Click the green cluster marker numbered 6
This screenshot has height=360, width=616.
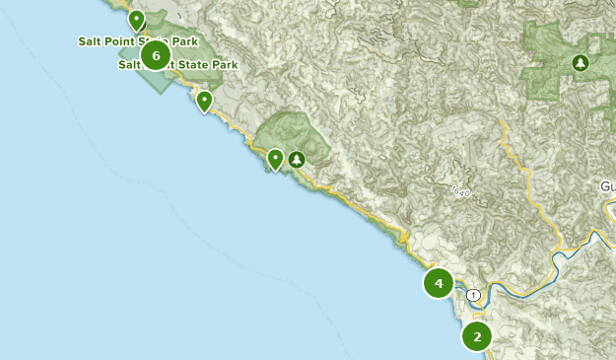[x=156, y=55]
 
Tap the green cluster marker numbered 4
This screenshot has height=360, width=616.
[x=439, y=284]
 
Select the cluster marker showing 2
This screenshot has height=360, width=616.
[x=477, y=336]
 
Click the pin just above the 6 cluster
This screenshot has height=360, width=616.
[x=136, y=20]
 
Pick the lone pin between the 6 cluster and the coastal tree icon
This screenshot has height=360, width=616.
[x=204, y=101]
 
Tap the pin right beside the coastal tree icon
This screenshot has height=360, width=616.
[x=276, y=158]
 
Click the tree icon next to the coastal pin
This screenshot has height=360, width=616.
[x=296, y=159]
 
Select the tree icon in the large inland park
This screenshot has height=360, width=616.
[x=581, y=64]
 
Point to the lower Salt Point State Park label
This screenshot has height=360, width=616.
[x=178, y=65]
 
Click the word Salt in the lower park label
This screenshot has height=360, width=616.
[x=130, y=65]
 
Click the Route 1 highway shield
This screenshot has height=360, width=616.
[x=474, y=295]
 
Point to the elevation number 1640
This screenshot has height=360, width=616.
[x=460, y=189]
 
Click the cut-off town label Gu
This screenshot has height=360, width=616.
[x=607, y=186]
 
